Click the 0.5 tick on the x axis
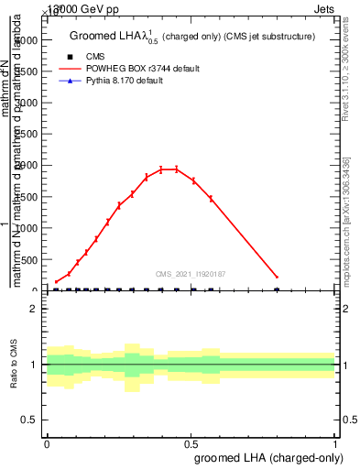coord(191,442)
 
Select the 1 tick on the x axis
coord(335,442)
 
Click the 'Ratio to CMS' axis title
coord(14,364)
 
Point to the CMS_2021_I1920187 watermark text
coord(191,273)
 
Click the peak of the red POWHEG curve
coord(169,169)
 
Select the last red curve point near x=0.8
coord(277,277)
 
